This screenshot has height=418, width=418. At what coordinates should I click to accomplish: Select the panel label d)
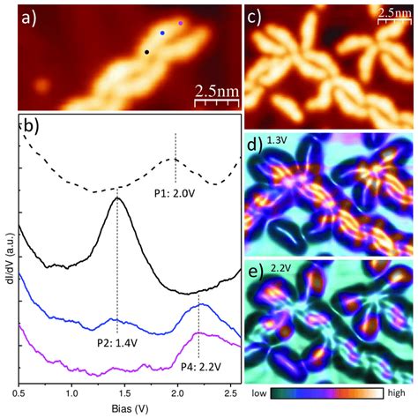click(x=254, y=144)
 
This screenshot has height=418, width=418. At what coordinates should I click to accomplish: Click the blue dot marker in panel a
click(x=161, y=33)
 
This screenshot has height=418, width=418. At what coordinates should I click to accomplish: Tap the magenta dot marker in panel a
click(x=181, y=24)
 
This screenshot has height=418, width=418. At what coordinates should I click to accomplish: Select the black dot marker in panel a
click(x=146, y=52)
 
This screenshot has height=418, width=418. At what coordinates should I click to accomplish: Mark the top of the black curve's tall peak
click(x=117, y=198)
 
